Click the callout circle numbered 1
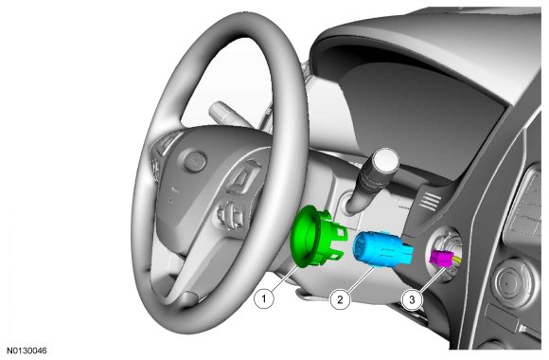(x=264, y=299)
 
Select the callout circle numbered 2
(x=340, y=299)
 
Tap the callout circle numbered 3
(x=412, y=299)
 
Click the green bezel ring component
(x=315, y=236)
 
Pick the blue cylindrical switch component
(x=381, y=250)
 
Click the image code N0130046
(x=27, y=351)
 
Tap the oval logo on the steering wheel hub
(x=195, y=162)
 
